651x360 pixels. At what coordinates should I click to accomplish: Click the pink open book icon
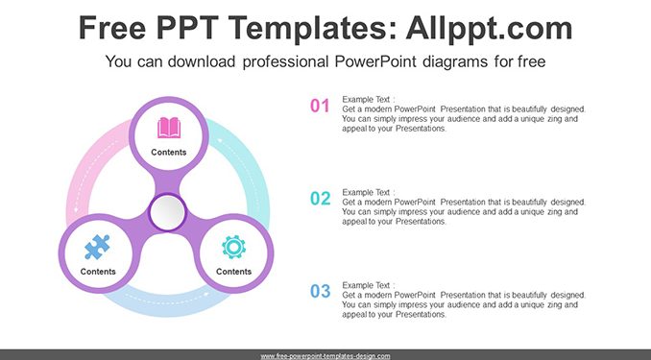(169, 128)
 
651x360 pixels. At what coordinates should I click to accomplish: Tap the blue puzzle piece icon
(97, 247)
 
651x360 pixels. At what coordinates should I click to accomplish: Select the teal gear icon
(233, 247)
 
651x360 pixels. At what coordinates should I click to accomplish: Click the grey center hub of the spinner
(168, 212)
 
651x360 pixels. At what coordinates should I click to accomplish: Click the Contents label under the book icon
(169, 153)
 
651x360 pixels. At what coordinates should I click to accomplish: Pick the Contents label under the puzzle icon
(98, 272)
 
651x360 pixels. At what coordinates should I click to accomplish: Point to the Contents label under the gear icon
(233, 272)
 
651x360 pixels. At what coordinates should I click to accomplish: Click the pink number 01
(320, 106)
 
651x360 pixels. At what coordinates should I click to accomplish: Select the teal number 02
(321, 199)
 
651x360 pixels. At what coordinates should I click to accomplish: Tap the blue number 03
(321, 292)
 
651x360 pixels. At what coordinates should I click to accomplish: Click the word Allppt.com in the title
(489, 28)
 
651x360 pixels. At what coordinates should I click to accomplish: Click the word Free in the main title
(112, 28)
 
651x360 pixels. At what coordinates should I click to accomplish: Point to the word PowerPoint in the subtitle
(375, 61)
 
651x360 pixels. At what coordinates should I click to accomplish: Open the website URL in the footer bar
(325, 356)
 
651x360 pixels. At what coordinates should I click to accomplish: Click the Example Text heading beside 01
(369, 100)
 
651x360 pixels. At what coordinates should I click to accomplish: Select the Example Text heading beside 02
(369, 193)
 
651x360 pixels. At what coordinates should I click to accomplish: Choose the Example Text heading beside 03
(369, 286)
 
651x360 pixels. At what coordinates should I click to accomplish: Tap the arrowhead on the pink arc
(76, 210)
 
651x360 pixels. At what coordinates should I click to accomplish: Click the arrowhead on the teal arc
(221, 140)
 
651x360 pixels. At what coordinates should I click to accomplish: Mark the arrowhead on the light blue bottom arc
(206, 295)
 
